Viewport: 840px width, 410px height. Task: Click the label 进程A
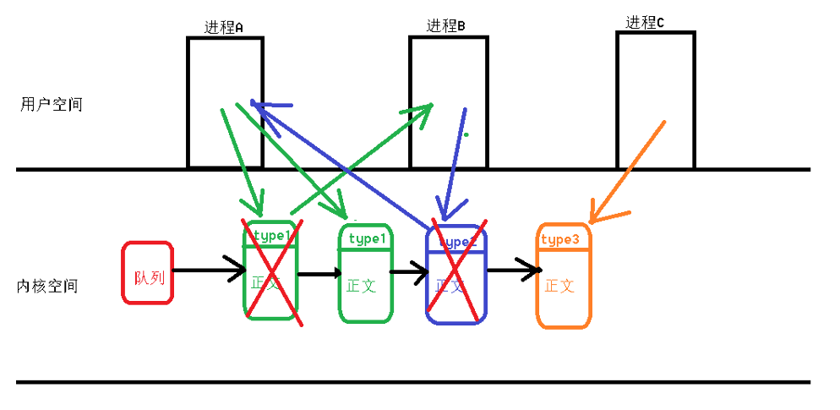click(x=223, y=27)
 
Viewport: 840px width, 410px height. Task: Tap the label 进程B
click(x=445, y=26)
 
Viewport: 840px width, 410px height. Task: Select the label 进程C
click(x=644, y=23)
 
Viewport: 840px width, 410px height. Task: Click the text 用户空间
click(x=52, y=105)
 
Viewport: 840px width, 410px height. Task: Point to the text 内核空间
click(x=47, y=286)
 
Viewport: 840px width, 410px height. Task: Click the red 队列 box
click(x=148, y=273)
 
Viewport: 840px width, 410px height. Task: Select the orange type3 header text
click(x=559, y=240)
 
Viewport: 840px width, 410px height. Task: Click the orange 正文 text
click(x=559, y=286)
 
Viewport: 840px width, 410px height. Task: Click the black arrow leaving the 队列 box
click(x=207, y=271)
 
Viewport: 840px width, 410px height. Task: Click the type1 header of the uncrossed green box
click(x=366, y=239)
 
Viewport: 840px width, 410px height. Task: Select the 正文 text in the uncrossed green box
click(x=362, y=286)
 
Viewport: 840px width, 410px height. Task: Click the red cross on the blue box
click(x=457, y=271)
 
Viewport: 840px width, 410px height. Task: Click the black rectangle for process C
click(x=655, y=100)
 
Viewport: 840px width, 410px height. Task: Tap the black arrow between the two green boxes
click(x=319, y=274)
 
